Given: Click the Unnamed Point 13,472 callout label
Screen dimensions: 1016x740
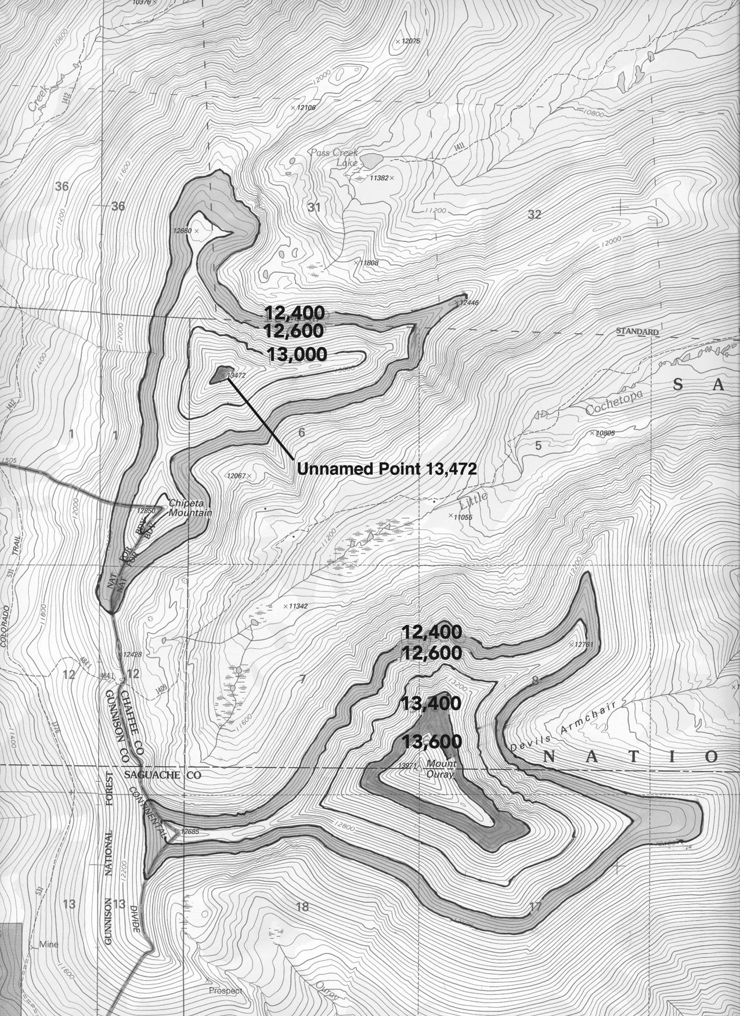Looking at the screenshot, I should click(x=387, y=469).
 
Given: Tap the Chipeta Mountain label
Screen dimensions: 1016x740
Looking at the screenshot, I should click(x=190, y=508).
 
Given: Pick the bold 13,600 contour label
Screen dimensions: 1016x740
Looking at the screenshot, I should click(x=431, y=741).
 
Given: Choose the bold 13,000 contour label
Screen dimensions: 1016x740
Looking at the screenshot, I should click(x=298, y=354).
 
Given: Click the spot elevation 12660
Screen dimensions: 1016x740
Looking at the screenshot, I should click(x=182, y=230).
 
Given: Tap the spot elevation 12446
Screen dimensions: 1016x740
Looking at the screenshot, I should click(x=468, y=302).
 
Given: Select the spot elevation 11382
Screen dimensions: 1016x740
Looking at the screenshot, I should click(x=380, y=178).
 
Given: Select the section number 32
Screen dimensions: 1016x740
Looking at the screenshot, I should click(x=534, y=215).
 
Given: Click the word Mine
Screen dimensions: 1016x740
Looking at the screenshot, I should click(x=49, y=944).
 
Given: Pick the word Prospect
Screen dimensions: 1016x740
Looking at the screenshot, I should click(x=226, y=990).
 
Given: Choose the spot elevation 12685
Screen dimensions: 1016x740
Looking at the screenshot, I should click(x=189, y=831).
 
